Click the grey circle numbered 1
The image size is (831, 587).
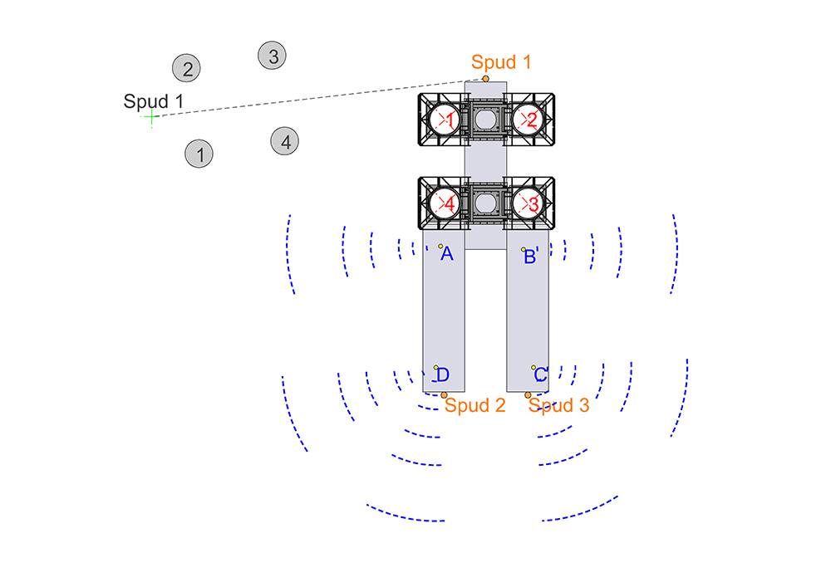pyautogui.click(x=199, y=154)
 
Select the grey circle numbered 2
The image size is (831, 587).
pyautogui.click(x=186, y=68)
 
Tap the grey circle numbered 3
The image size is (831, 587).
pyautogui.click(x=273, y=56)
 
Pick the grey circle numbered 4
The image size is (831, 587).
pyautogui.click(x=284, y=141)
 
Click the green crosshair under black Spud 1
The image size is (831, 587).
pyautogui.click(x=151, y=116)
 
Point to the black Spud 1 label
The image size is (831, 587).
pyautogui.click(x=153, y=101)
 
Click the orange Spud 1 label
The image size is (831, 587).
pyautogui.click(x=501, y=62)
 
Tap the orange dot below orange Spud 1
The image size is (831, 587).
pyautogui.click(x=485, y=79)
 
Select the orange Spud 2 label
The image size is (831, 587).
pyautogui.click(x=475, y=405)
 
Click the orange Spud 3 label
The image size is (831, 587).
pyautogui.click(x=558, y=405)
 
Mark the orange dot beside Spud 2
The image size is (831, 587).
pyautogui.click(x=444, y=395)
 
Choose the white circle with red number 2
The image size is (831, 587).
pyautogui.click(x=528, y=120)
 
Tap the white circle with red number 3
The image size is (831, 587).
pyautogui.click(x=528, y=203)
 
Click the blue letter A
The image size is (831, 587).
pyautogui.click(x=447, y=254)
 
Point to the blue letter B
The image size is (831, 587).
pyautogui.click(x=529, y=257)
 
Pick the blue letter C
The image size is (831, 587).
pyautogui.click(x=541, y=374)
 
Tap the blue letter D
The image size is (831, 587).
pyautogui.click(x=443, y=374)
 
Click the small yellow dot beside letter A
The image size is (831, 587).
pyautogui.click(x=440, y=246)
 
